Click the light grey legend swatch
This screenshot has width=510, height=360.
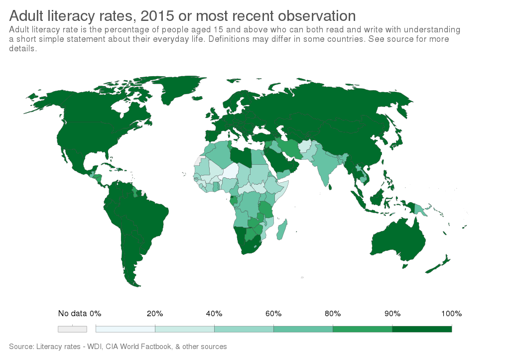72,329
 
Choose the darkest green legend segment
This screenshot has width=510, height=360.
422,329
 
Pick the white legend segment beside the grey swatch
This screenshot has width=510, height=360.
125,329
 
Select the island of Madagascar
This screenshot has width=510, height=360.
283,231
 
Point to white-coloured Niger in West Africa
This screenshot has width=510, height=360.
231,172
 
